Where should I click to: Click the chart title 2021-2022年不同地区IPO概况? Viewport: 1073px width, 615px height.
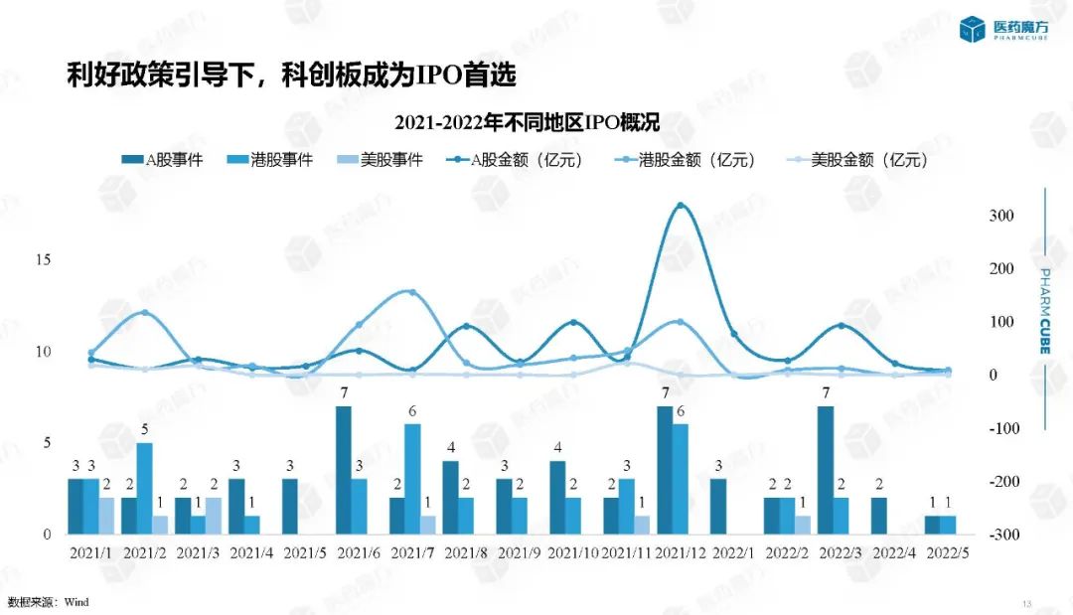coord(527,122)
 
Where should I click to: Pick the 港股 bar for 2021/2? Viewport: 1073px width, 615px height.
coord(145,488)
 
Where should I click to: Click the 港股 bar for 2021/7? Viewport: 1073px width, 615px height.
coord(412,479)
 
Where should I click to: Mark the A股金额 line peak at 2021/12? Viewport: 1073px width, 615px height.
coord(681,206)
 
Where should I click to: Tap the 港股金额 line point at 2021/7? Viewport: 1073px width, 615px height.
coord(412,292)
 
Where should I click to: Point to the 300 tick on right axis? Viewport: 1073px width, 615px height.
coord(1001,217)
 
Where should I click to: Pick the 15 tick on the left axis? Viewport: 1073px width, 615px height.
coord(44,259)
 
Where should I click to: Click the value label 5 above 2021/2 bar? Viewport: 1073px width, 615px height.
coord(145,430)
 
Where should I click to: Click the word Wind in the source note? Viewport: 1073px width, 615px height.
coord(77,602)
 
